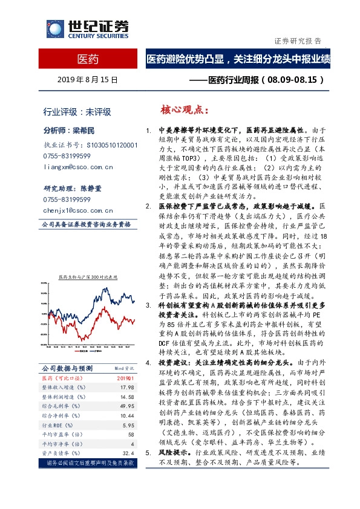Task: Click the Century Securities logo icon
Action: [x=53, y=30]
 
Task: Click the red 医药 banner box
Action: [x=88, y=59]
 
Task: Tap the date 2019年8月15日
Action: [x=88, y=80]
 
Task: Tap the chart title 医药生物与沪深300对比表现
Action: [x=88, y=276]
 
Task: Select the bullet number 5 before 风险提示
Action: [x=149, y=452]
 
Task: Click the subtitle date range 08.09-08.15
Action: [x=293, y=79]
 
